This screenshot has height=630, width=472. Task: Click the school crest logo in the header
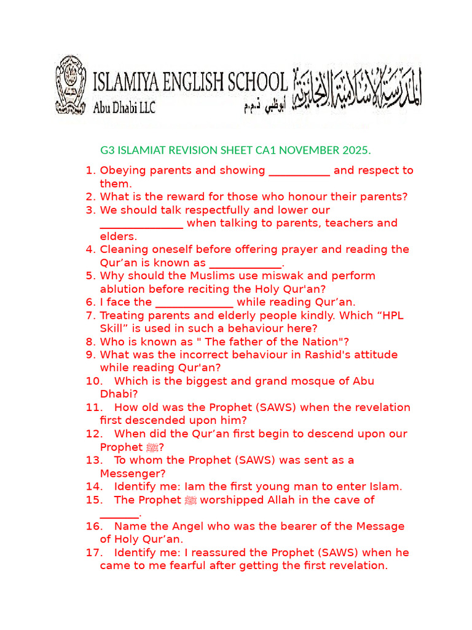click(72, 85)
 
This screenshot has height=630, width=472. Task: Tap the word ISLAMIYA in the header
click(132, 82)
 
